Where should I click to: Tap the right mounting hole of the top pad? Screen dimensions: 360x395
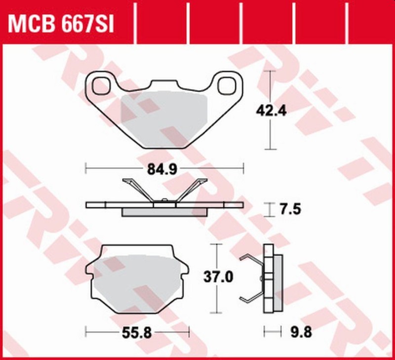click(227, 85)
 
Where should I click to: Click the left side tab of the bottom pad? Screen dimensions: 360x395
click(89, 270)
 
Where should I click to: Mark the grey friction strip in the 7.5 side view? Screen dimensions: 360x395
click(164, 212)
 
